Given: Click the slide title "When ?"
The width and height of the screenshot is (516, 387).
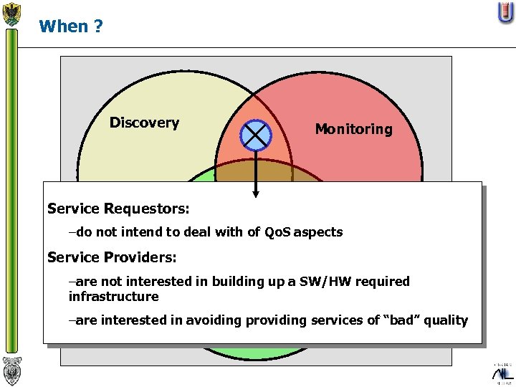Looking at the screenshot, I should [x=71, y=27].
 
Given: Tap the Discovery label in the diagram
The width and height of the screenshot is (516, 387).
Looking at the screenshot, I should [x=144, y=123].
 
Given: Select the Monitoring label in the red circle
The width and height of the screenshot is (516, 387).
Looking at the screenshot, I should [x=353, y=129].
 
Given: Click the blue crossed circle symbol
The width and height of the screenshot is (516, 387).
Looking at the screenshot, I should [x=256, y=135].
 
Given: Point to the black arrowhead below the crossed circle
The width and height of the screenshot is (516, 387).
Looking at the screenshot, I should [x=256, y=192].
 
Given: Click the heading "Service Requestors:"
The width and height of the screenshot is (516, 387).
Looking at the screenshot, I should [x=118, y=209].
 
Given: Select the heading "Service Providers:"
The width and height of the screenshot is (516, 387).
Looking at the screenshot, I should [x=112, y=257].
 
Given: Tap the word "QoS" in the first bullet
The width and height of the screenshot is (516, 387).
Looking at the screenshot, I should [x=279, y=232].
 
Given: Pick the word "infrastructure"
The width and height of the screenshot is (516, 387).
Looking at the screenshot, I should [x=113, y=297].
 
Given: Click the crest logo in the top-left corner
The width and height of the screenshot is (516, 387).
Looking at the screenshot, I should [x=11, y=14].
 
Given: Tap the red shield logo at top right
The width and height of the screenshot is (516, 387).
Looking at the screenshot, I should [x=506, y=12].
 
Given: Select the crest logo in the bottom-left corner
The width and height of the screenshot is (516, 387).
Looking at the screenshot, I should [x=11, y=371].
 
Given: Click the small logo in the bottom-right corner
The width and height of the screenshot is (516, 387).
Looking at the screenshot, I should [x=502, y=373].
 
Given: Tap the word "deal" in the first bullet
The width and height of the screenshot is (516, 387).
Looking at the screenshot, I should [x=181, y=232].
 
